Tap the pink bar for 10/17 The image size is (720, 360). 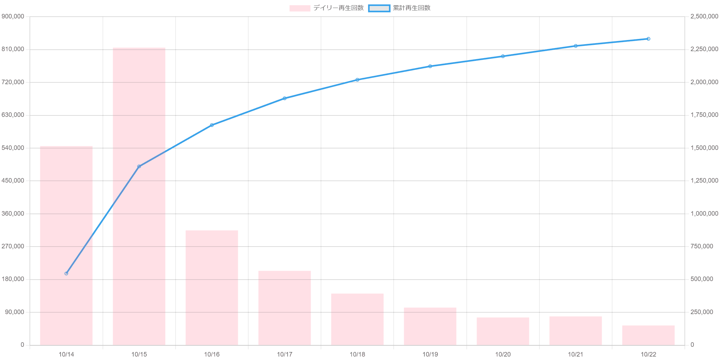pyautogui.click(x=285, y=308)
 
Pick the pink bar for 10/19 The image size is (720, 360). pyautogui.click(x=430, y=326)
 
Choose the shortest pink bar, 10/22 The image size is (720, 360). pyautogui.click(x=648, y=335)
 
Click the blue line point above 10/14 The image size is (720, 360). pyautogui.click(x=66, y=273)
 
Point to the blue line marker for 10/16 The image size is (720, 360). pyautogui.click(x=212, y=125)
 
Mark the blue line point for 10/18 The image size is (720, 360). pyautogui.click(x=357, y=80)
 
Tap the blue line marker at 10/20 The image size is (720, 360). pyautogui.click(x=503, y=56)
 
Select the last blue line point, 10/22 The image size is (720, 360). pyautogui.click(x=648, y=39)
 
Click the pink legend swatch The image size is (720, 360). pyautogui.click(x=299, y=8)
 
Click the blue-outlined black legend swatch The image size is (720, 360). pyautogui.click(x=379, y=8)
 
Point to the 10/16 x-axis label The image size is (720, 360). pyautogui.click(x=212, y=354)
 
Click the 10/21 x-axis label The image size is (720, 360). pyautogui.click(x=575, y=354)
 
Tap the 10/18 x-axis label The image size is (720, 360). pyautogui.click(x=357, y=354)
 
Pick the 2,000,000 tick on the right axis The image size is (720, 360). pyautogui.click(x=704, y=82)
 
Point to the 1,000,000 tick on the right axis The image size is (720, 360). pyautogui.click(x=704, y=214)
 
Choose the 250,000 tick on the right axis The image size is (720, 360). pyautogui.click(x=701, y=312)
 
